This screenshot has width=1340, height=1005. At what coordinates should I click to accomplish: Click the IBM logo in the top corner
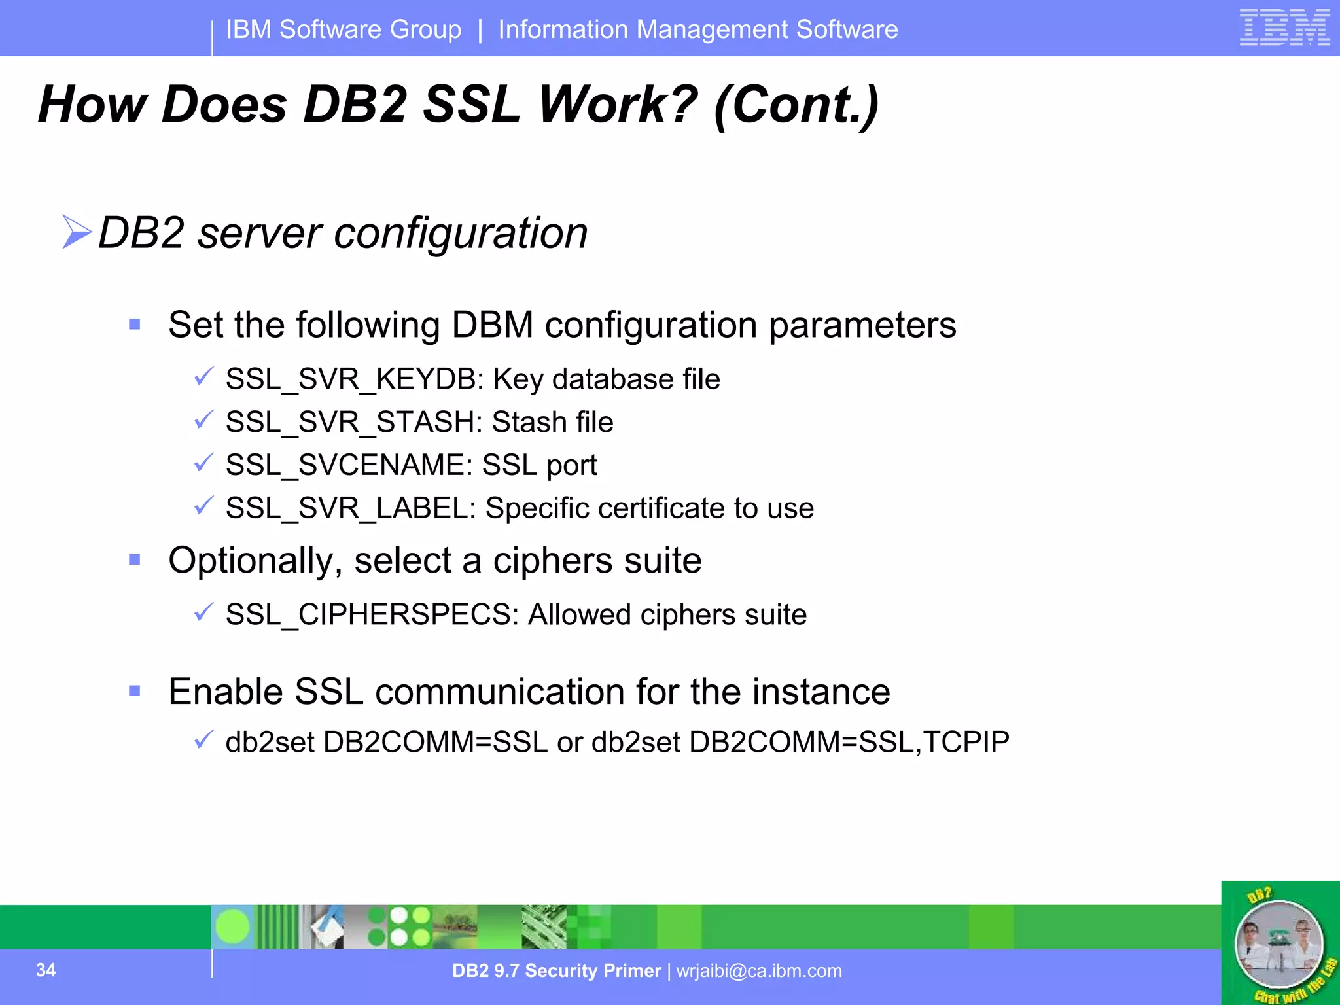[1284, 27]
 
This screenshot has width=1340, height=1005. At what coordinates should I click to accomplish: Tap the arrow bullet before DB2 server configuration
[77, 232]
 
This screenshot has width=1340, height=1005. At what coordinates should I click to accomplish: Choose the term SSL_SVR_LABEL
[351, 508]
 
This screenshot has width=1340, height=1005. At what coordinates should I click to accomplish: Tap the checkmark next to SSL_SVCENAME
[203, 463]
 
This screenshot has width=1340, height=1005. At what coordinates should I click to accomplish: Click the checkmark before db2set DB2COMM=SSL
[203, 739]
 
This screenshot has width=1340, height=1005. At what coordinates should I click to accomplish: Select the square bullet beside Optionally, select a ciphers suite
[135, 559]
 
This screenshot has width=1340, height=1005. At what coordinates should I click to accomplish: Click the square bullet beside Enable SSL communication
[135, 691]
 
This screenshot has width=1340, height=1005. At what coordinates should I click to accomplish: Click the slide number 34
[46, 970]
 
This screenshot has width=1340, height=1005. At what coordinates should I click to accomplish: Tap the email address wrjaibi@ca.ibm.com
[759, 971]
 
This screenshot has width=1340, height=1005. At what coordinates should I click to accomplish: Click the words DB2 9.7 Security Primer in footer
[556, 971]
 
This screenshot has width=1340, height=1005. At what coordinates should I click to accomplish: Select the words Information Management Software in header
[697, 29]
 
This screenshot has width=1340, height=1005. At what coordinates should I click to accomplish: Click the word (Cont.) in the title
[796, 105]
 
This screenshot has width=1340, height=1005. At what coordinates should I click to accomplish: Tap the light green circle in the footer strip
[232, 926]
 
